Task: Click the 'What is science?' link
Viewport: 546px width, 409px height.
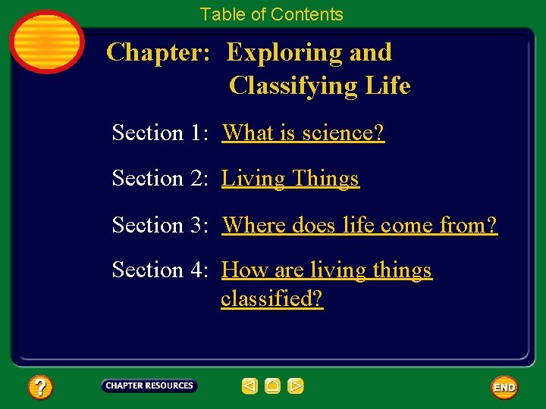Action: tap(303, 133)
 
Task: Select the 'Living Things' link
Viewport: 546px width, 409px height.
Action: tap(290, 179)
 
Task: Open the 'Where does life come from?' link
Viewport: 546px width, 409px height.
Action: tap(359, 225)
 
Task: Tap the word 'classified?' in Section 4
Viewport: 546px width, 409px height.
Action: tap(271, 298)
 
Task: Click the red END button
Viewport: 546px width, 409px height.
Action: tap(504, 387)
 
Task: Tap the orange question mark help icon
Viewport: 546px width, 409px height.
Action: tap(40, 388)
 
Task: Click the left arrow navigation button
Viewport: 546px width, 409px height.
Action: tap(249, 386)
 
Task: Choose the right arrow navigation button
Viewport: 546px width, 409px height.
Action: tap(296, 386)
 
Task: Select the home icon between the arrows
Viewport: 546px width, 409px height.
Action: tap(273, 386)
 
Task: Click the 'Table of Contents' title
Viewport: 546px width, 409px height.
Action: tap(271, 14)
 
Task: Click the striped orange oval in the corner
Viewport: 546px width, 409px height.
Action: tap(46, 41)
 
